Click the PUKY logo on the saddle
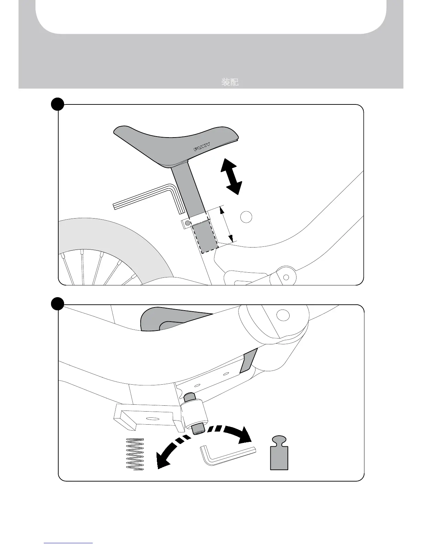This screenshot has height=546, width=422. [x=202, y=146]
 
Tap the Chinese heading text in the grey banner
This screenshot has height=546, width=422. [x=230, y=82]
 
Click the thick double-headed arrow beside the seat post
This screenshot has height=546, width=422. [x=231, y=176]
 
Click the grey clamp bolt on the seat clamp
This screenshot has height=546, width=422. [x=187, y=224]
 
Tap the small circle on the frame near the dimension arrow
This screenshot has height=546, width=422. [x=246, y=217]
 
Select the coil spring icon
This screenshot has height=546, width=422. [x=135, y=454]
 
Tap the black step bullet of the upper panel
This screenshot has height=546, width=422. [x=58, y=104]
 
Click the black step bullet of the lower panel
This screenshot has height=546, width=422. [x=58, y=304]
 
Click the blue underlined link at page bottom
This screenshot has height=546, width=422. [x=68, y=543]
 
